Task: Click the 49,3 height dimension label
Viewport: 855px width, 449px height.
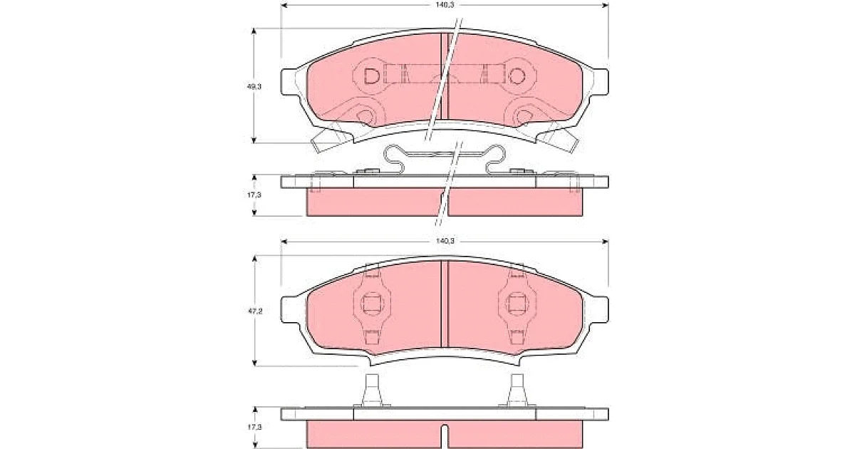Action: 254,87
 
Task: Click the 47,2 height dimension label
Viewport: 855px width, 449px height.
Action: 255,311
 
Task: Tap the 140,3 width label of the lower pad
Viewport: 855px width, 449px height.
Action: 445,242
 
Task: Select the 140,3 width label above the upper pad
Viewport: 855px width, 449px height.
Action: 445,5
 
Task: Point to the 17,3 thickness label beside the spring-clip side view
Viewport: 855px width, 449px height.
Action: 254,195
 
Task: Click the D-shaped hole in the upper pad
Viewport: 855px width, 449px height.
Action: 371,76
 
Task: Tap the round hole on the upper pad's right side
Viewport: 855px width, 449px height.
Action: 517,76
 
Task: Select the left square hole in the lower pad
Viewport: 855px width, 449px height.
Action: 372,304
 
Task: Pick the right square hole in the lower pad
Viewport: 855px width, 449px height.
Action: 517,304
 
